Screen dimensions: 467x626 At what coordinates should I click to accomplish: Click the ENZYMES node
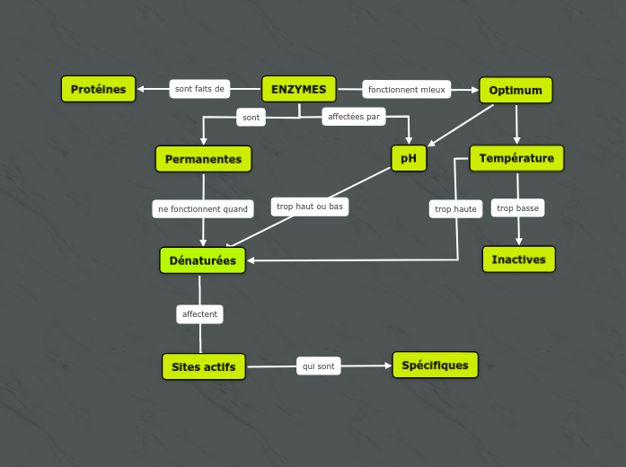298,89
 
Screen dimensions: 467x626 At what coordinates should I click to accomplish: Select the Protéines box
99,89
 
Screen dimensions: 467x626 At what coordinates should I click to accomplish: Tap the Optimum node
516,90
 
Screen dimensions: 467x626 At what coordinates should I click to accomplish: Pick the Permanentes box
203,159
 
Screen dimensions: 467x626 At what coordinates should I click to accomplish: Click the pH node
409,158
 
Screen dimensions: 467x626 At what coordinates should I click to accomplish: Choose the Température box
516,158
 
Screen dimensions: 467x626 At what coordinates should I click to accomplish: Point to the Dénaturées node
202,260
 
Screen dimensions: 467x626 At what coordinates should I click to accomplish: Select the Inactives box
518,259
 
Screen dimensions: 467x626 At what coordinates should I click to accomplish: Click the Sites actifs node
203,366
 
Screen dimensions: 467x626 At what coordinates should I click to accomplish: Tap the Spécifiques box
435,365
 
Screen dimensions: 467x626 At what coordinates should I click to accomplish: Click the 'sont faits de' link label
199,89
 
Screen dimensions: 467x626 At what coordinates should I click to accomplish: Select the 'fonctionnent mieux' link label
406,90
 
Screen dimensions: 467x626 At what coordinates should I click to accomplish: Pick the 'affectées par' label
354,117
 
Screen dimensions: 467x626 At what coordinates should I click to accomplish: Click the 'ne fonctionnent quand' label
203,209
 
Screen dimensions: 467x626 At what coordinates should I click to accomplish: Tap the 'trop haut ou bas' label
310,207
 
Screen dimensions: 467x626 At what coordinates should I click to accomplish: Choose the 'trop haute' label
455,209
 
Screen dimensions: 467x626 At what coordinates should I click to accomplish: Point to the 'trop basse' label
517,208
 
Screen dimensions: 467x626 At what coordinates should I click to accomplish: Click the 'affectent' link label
199,314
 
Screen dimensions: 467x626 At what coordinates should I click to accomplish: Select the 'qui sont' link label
319,366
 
